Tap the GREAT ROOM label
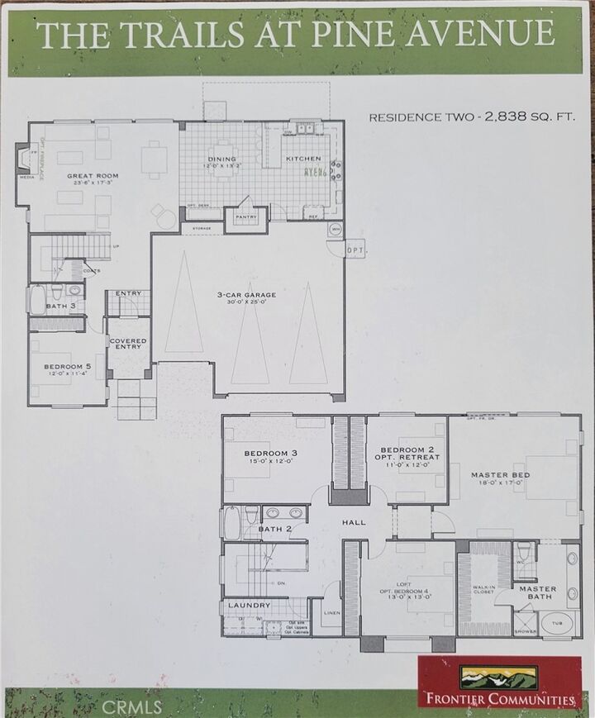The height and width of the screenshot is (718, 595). click(93, 176)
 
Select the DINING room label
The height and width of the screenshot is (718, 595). click(221, 159)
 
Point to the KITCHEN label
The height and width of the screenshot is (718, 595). click(303, 159)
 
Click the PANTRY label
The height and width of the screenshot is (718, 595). click(246, 218)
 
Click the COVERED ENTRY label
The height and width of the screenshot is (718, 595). click(128, 344)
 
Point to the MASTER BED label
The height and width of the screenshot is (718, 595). click(500, 475)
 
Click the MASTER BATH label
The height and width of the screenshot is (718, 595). click(537, 593)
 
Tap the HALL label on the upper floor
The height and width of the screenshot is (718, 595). click(355, 522)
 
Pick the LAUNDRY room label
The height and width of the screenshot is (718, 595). click(249, 606)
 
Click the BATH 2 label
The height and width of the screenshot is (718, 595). click(275, 529)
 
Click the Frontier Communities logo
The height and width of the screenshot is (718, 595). click(499, 682)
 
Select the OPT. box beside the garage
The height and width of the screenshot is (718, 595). click(355, 250)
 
